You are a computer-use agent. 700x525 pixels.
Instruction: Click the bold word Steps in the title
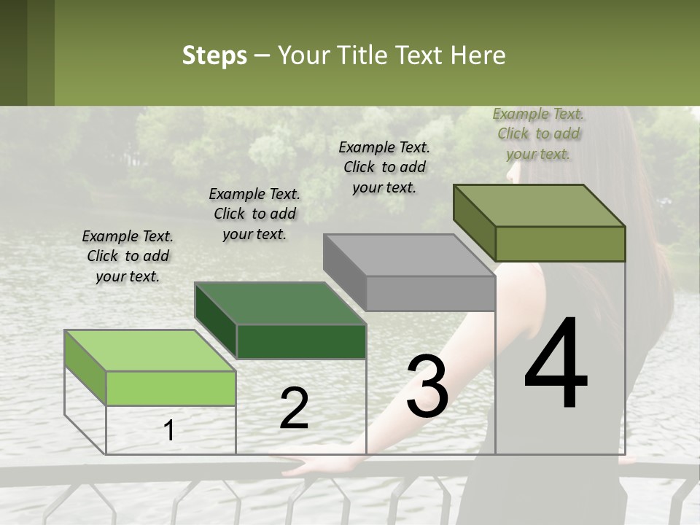(214, 55)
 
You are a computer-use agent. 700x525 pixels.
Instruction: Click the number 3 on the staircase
(427, 386)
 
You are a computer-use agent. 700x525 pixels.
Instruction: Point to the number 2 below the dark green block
(294, 408)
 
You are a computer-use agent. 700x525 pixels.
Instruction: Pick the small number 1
(169, 431)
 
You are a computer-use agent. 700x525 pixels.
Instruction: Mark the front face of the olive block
(560, 244)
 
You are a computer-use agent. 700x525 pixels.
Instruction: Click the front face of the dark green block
(301, 341)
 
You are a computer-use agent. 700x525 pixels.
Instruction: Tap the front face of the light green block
(171, 388)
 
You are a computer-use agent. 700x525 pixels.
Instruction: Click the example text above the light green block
(128, 256)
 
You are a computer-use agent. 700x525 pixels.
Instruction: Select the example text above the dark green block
(254, 214)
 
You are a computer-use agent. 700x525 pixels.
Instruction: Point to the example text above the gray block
(384, 167)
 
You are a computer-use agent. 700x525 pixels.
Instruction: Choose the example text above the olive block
(538, 133)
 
